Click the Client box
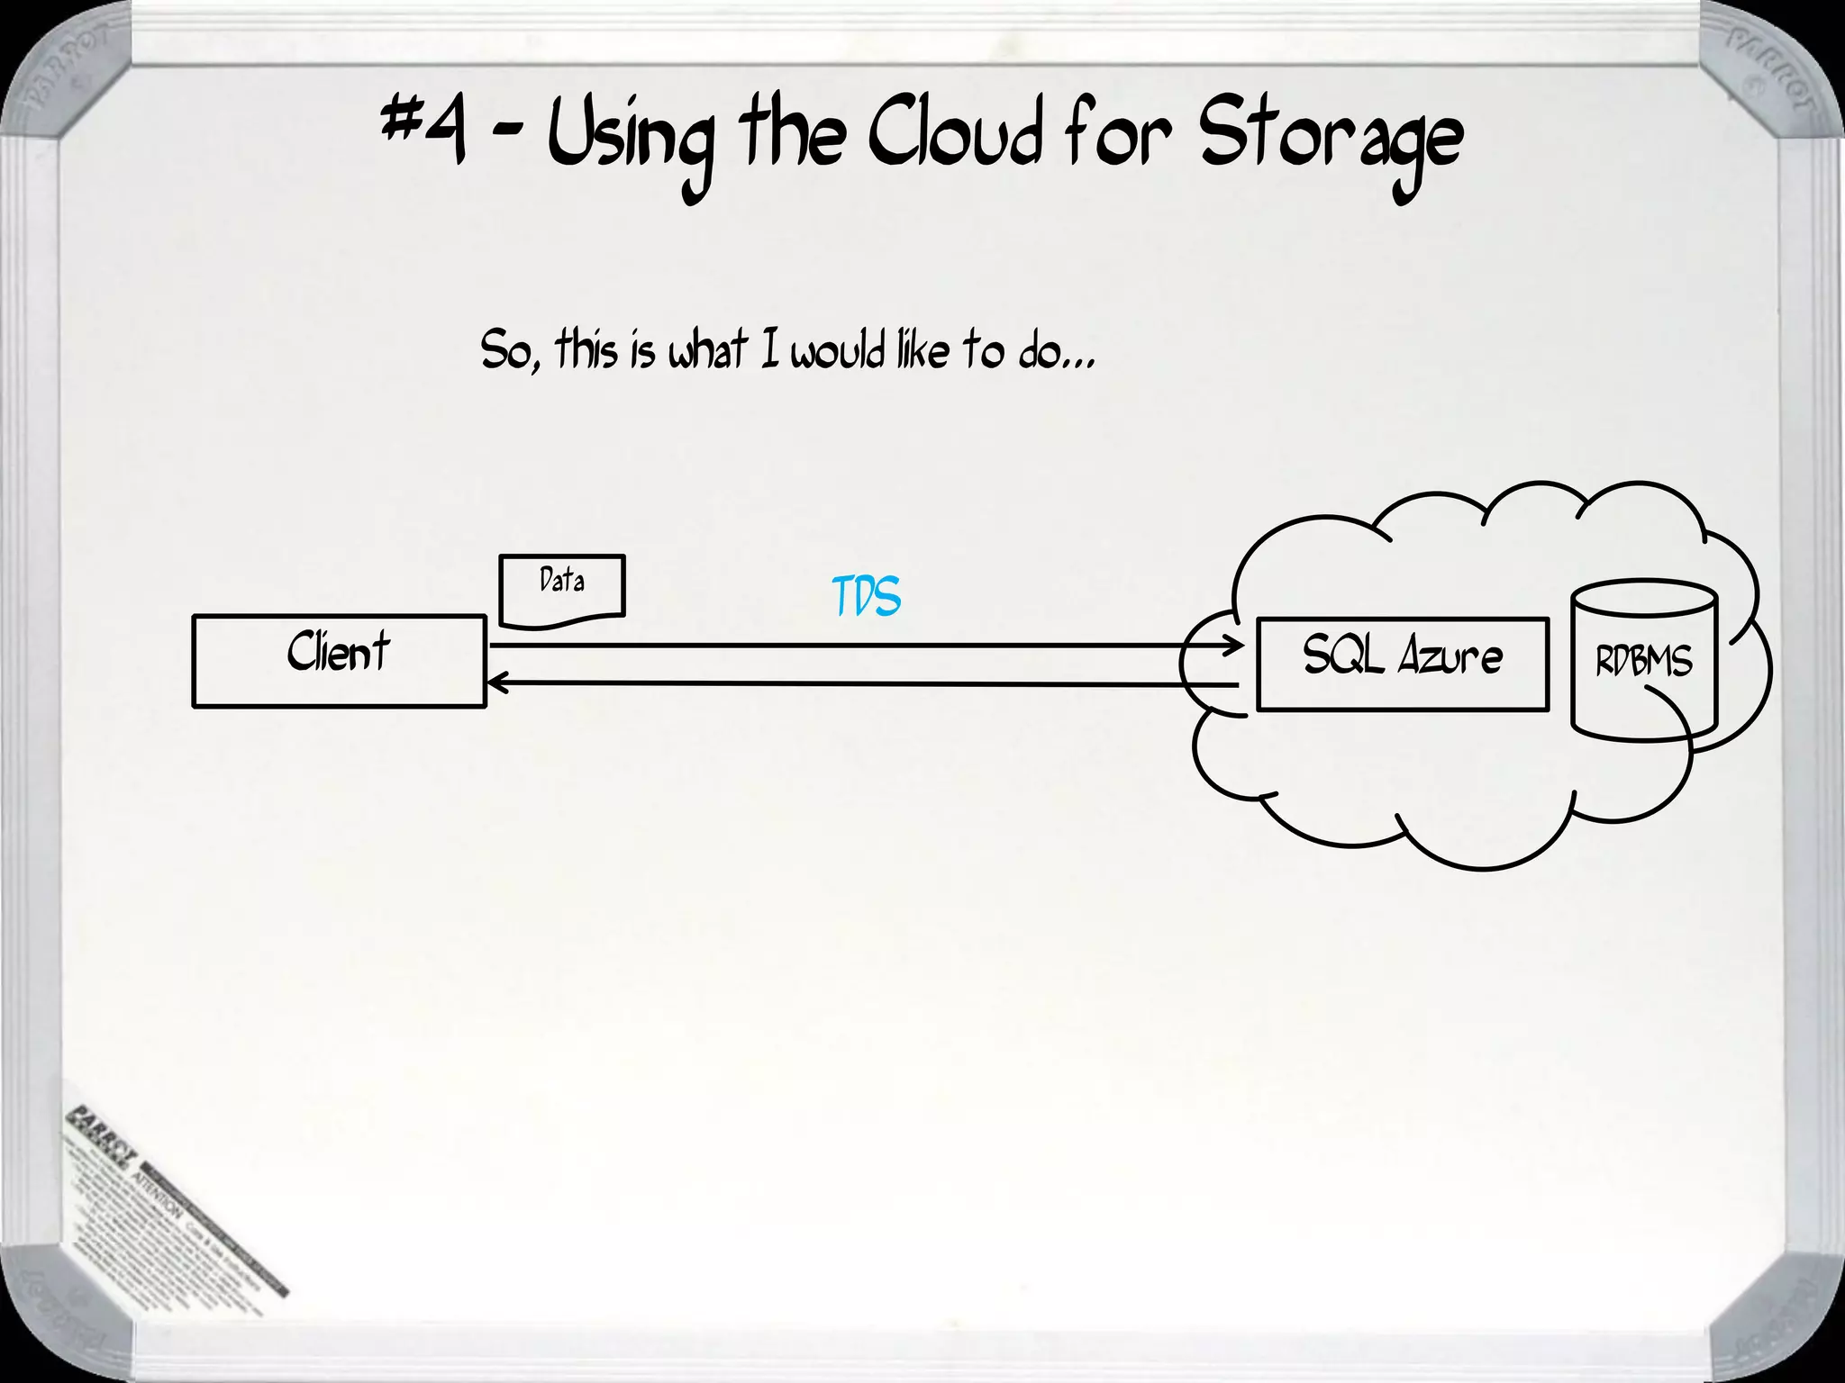pyautogui.click(x=339, y=661)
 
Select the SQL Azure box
pyautogui.click(x=1402, y=664)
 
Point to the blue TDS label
pyautogui.click(x=866, y=597)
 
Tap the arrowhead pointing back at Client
pyautogui.click(x=495, y=684)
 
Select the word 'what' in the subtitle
pyautogui.click(x=707, y=350)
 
